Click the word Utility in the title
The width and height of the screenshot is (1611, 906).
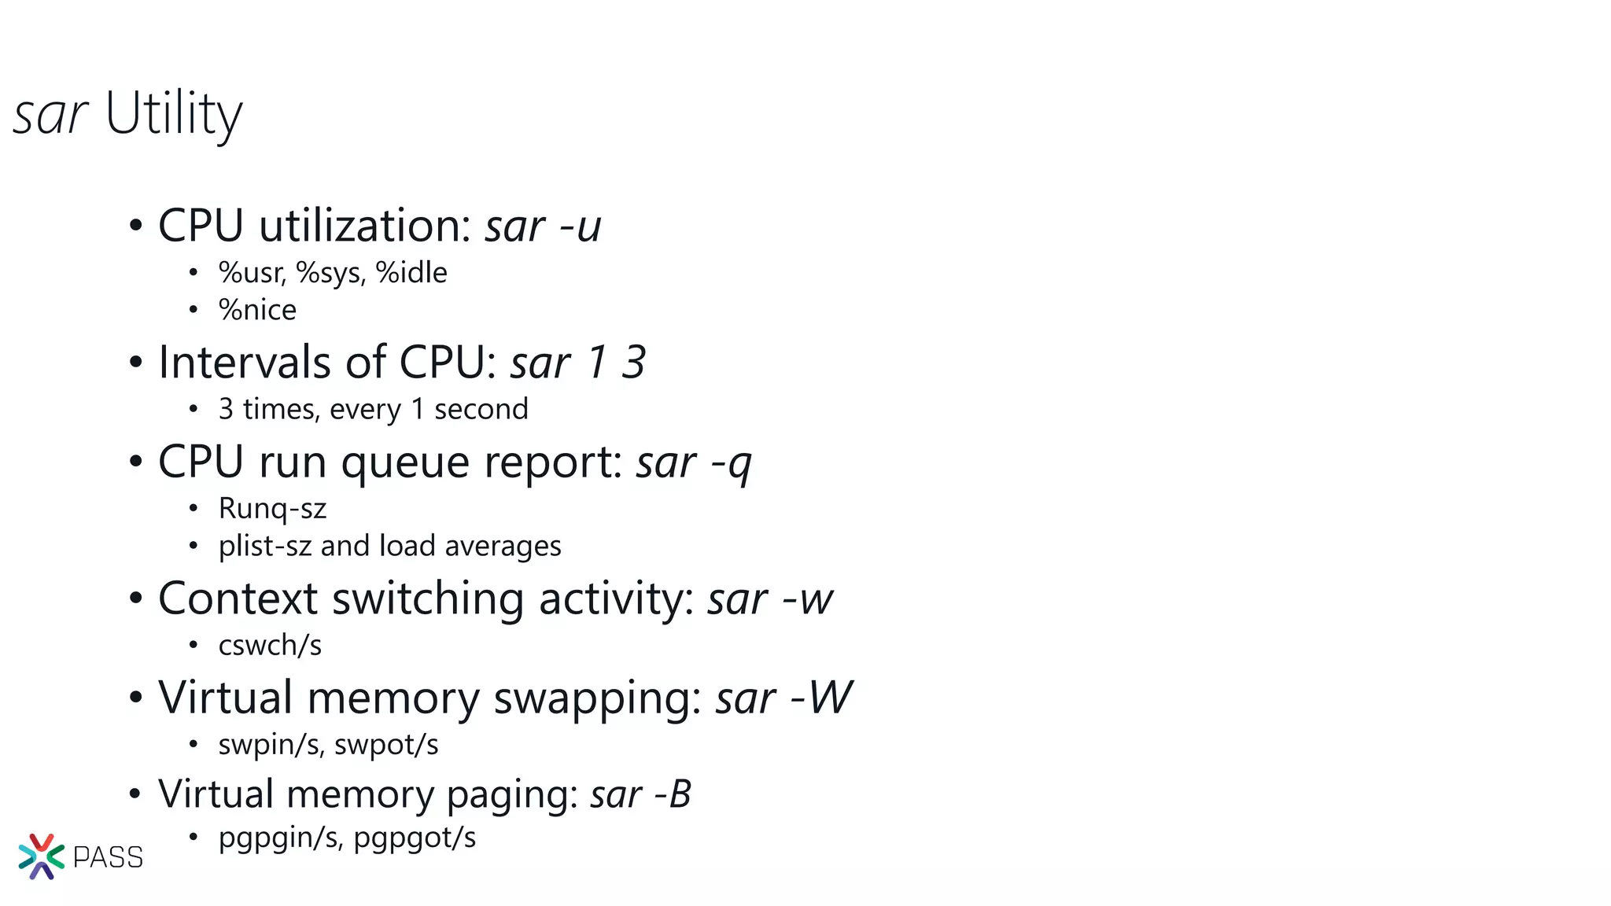[174, 115]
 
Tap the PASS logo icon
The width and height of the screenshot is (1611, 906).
[41, 856]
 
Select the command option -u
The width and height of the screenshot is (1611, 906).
[581, 227]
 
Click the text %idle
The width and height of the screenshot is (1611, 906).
[411, 273]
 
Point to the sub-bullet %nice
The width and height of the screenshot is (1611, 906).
[257, 310]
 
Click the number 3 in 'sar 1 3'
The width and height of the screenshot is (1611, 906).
[633, 363]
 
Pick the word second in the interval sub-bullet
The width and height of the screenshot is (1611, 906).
[481, 410]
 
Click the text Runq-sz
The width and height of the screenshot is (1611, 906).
[272, 509]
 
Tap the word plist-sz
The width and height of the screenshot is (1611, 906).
[265, 547]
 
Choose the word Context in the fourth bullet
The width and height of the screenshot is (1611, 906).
[237, 599]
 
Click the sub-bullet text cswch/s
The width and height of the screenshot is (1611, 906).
[270, 646]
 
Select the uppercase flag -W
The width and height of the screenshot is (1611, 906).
[821, 698]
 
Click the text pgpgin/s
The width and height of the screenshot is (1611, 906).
[280, 838]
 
